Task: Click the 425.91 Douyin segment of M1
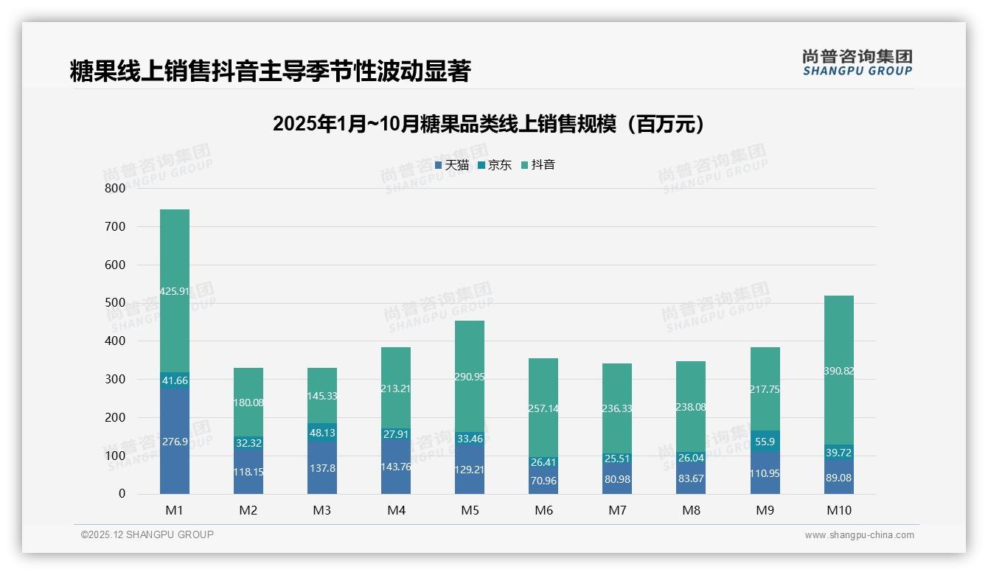click(175, 291)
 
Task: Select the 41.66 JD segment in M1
click(175, 381)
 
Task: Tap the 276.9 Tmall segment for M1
click(175, 441)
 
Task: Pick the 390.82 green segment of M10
click(839, 371)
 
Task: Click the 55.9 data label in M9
click(765, 441)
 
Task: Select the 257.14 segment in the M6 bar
click(543, 408)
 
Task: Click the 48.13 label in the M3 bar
click(322, 433)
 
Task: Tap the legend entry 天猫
click(452, 165)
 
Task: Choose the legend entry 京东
click(495, 165)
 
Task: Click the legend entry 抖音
click(538, 165)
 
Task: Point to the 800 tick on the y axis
click(116, 188)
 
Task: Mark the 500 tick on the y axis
click(116, 303)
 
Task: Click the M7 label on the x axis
click(617, 510)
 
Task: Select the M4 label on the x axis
click(396, 510)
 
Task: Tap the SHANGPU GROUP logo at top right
click(857, 63)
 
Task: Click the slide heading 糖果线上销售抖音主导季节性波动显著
click(270, 72)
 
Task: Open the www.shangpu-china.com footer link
click(859, 535)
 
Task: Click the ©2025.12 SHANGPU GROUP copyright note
click(147, 535)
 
